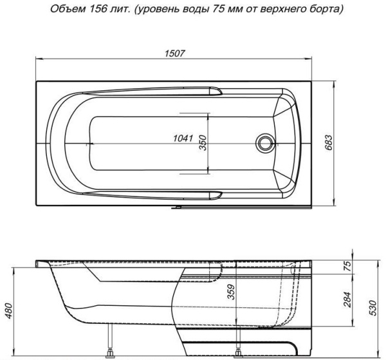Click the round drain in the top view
point(263,143)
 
